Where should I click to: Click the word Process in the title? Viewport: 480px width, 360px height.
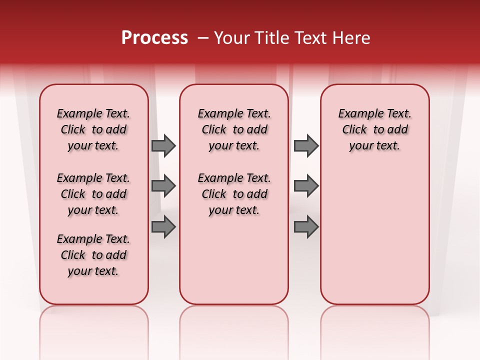tap(154, 38)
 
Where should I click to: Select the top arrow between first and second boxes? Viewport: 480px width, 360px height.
tap(163, 145)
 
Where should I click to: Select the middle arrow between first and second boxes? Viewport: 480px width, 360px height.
tap(163, 186)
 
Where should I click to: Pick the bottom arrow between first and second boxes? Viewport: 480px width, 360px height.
tap(163, 226)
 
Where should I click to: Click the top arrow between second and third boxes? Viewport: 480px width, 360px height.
tap(306, 145)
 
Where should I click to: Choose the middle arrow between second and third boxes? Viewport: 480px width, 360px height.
tap(306, 186)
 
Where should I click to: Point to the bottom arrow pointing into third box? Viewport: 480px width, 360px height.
tap(306, 226)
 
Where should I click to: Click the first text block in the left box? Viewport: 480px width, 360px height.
tap(93, 129)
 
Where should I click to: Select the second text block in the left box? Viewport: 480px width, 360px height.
tap(93, 194)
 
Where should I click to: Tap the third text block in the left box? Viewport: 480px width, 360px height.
tap(93, 255)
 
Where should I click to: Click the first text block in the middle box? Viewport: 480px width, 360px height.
tap(234, 129)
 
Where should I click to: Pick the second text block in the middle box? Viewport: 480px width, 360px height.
tap(234, 194)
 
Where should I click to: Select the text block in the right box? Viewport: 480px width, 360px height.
tap(375, 129)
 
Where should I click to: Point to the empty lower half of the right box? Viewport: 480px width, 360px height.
tap(375, 240)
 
